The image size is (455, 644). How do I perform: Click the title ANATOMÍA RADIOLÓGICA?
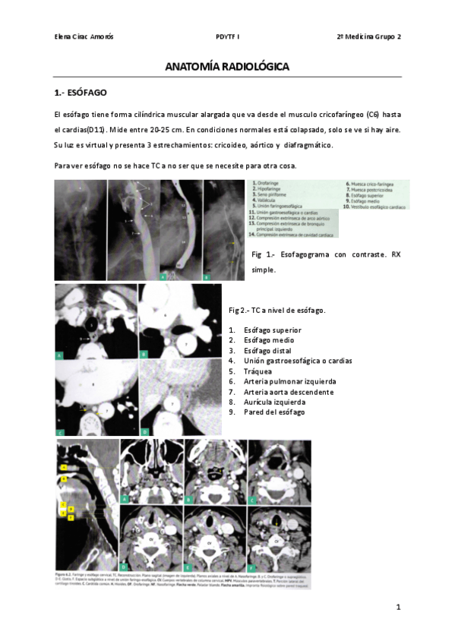pos(227,68)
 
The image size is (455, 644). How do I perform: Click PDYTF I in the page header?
pos(227,36)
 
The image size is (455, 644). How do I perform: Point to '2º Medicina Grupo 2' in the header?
pos(369,36)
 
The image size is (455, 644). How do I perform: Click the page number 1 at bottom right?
pos(397,608)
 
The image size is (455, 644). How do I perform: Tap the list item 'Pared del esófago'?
pos(274,412)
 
